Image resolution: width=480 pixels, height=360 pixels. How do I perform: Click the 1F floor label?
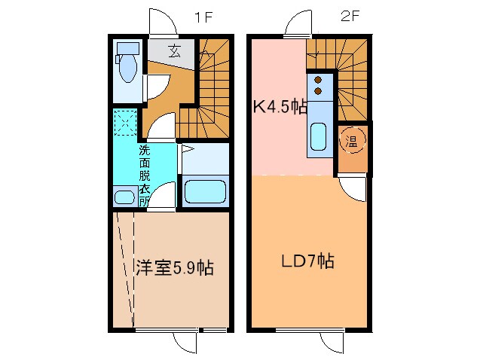click(x=202, y=17)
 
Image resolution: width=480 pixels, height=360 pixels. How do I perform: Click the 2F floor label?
click(x=348, y=17)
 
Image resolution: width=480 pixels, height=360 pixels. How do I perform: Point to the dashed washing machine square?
click(x=124, y=123)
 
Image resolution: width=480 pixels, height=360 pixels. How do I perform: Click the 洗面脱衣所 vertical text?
click(x=143, y=175)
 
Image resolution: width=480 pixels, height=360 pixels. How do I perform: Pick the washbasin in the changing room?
click(x=124, y=197)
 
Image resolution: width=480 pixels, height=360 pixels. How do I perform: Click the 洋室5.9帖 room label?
click(x=174, y=267)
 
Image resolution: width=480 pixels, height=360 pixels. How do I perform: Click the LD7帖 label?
click(x=307, y=261)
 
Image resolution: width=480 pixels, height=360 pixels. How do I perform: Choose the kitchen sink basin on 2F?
click(x=317, y=139)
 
